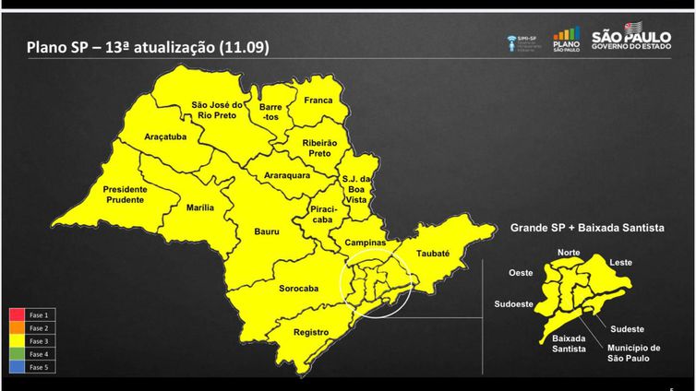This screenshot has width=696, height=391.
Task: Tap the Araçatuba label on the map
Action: (165, 136)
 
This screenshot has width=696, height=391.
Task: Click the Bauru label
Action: (267, 231)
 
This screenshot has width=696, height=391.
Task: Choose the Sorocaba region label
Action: (298, 289)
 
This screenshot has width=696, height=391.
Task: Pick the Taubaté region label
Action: (432, 252)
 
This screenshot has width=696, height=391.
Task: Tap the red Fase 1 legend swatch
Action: (18, 314)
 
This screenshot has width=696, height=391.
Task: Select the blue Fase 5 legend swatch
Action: (18, 366)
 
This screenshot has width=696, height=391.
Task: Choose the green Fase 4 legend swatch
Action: (18, 353)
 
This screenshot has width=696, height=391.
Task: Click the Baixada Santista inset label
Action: (569, 343)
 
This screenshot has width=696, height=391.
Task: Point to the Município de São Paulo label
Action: (632, 353)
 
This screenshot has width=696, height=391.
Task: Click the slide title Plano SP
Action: (147, 47)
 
